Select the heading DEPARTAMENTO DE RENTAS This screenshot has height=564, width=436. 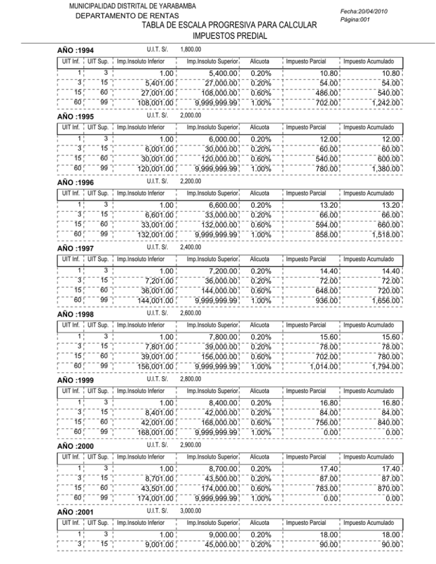(128, 16)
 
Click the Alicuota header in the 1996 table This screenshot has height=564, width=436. (259, 193)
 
